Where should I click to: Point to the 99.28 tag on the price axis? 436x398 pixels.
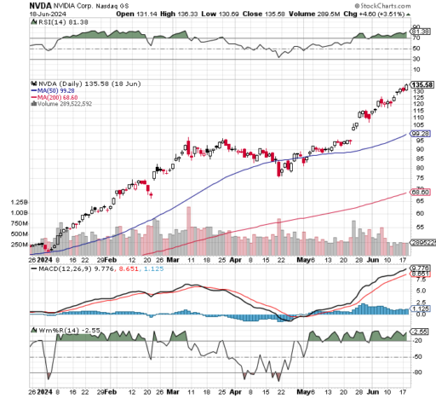click(x=419, y=134)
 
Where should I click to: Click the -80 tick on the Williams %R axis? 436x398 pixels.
click(x=417, y=372)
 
